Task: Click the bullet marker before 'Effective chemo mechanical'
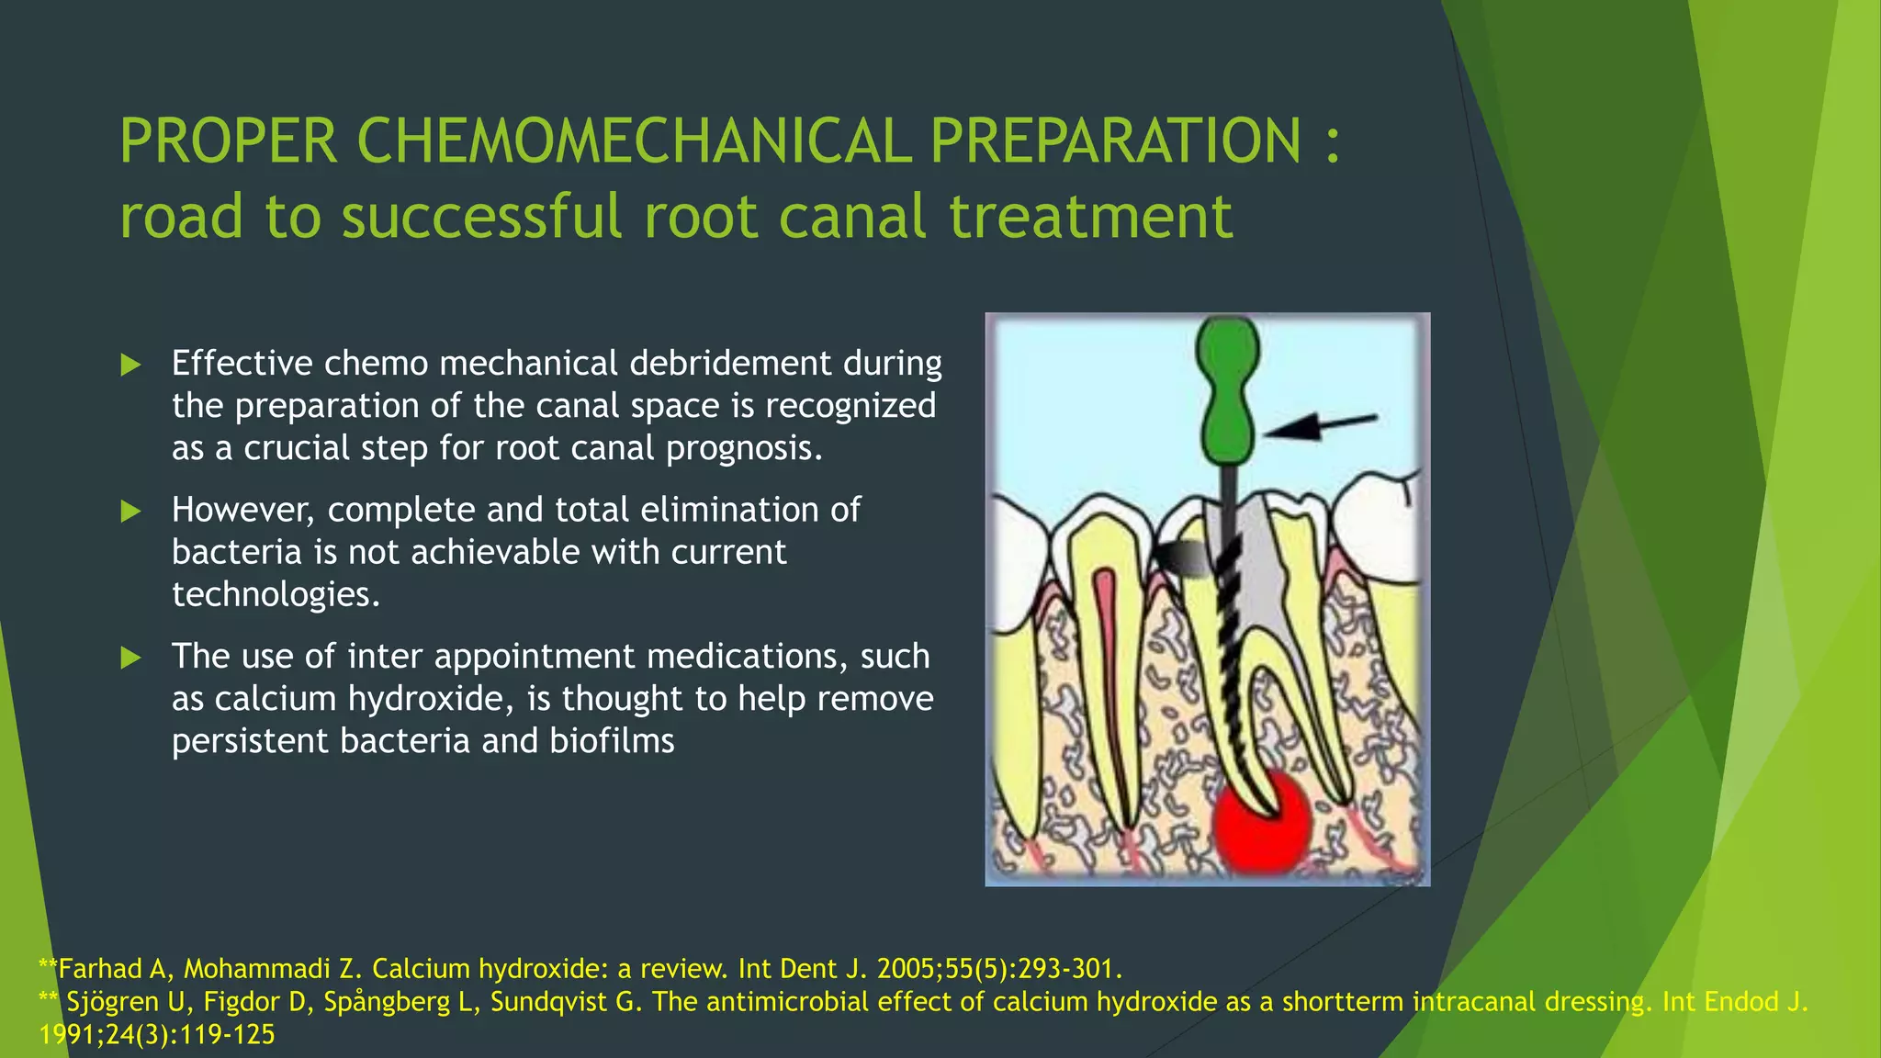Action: pos(131,366)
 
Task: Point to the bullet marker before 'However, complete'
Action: pos(131,512)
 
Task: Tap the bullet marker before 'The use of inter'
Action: pos(131,658)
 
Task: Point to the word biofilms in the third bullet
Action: pos(612,741)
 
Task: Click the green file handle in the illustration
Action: pos(1227,390)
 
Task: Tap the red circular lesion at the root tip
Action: pos(1263,822)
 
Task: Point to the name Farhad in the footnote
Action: pos(99,969)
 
